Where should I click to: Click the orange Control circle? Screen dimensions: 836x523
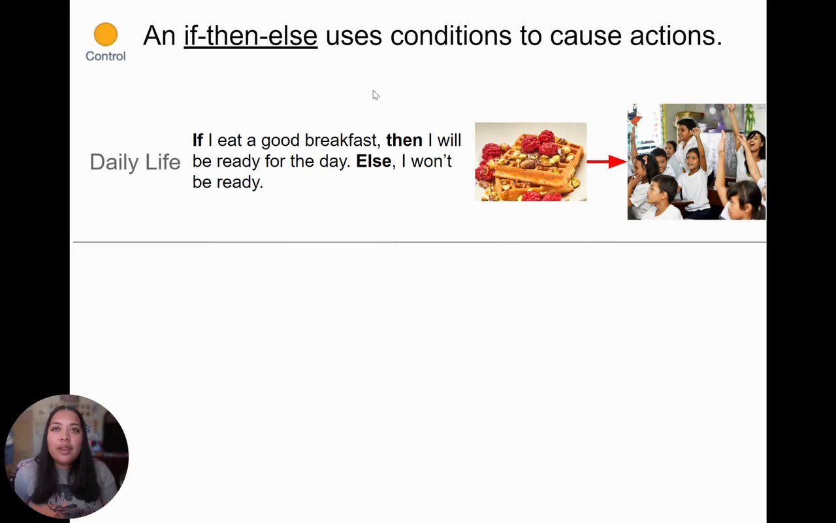pyautogui.click(x=106, y=35)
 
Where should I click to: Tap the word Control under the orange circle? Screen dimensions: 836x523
pyautogui.click(x=106, y=56)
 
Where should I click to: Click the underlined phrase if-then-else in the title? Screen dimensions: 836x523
pyautogui.click(x=250, y=36)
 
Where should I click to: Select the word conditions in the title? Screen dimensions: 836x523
pyautogui.click(x=451, y=36)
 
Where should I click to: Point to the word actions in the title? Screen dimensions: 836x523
pyautogui.click(x=676, y=36)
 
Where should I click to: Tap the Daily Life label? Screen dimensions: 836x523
pyautogui.click(x=135, y=163)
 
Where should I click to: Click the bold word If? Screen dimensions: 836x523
pyautogui.click(x=198, y=140)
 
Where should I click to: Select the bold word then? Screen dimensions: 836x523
pyautogui.click(x=404, y=141)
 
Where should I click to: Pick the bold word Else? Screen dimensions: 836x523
pyautogui.click(x=374, y=161)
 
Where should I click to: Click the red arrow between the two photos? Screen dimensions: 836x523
pyautogui.click(x=607, y=161)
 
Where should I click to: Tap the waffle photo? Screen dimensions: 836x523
pyautogui.click(x=531, y=161)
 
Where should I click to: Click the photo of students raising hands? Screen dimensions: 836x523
pyautogui.click(x=696, y=161)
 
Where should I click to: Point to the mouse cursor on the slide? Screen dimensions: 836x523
pyautogui.click(x=376, y=95)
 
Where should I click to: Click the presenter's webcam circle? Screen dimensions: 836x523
pyautogui.click(x=67, y=456)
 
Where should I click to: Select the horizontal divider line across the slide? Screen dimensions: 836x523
pyautogui.click(x=420, y=242)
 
